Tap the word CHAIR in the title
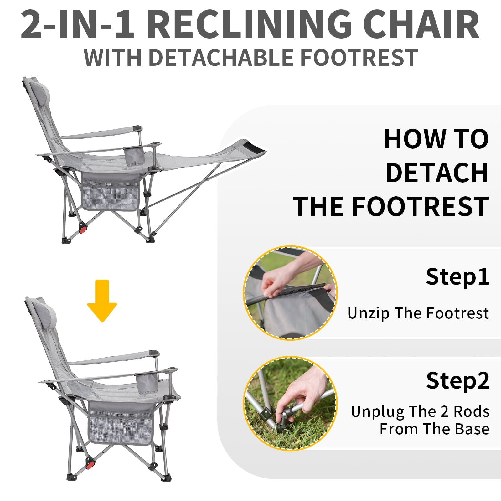tap(421, 24)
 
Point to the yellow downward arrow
tap(102, 301)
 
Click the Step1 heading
tap(457, 277)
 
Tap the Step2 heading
tap(457, 381)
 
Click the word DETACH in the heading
tap(437, 173)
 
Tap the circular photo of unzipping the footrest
tap(290, 293)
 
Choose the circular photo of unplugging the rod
tap(290, 403)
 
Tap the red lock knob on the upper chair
tap(83, 229)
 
